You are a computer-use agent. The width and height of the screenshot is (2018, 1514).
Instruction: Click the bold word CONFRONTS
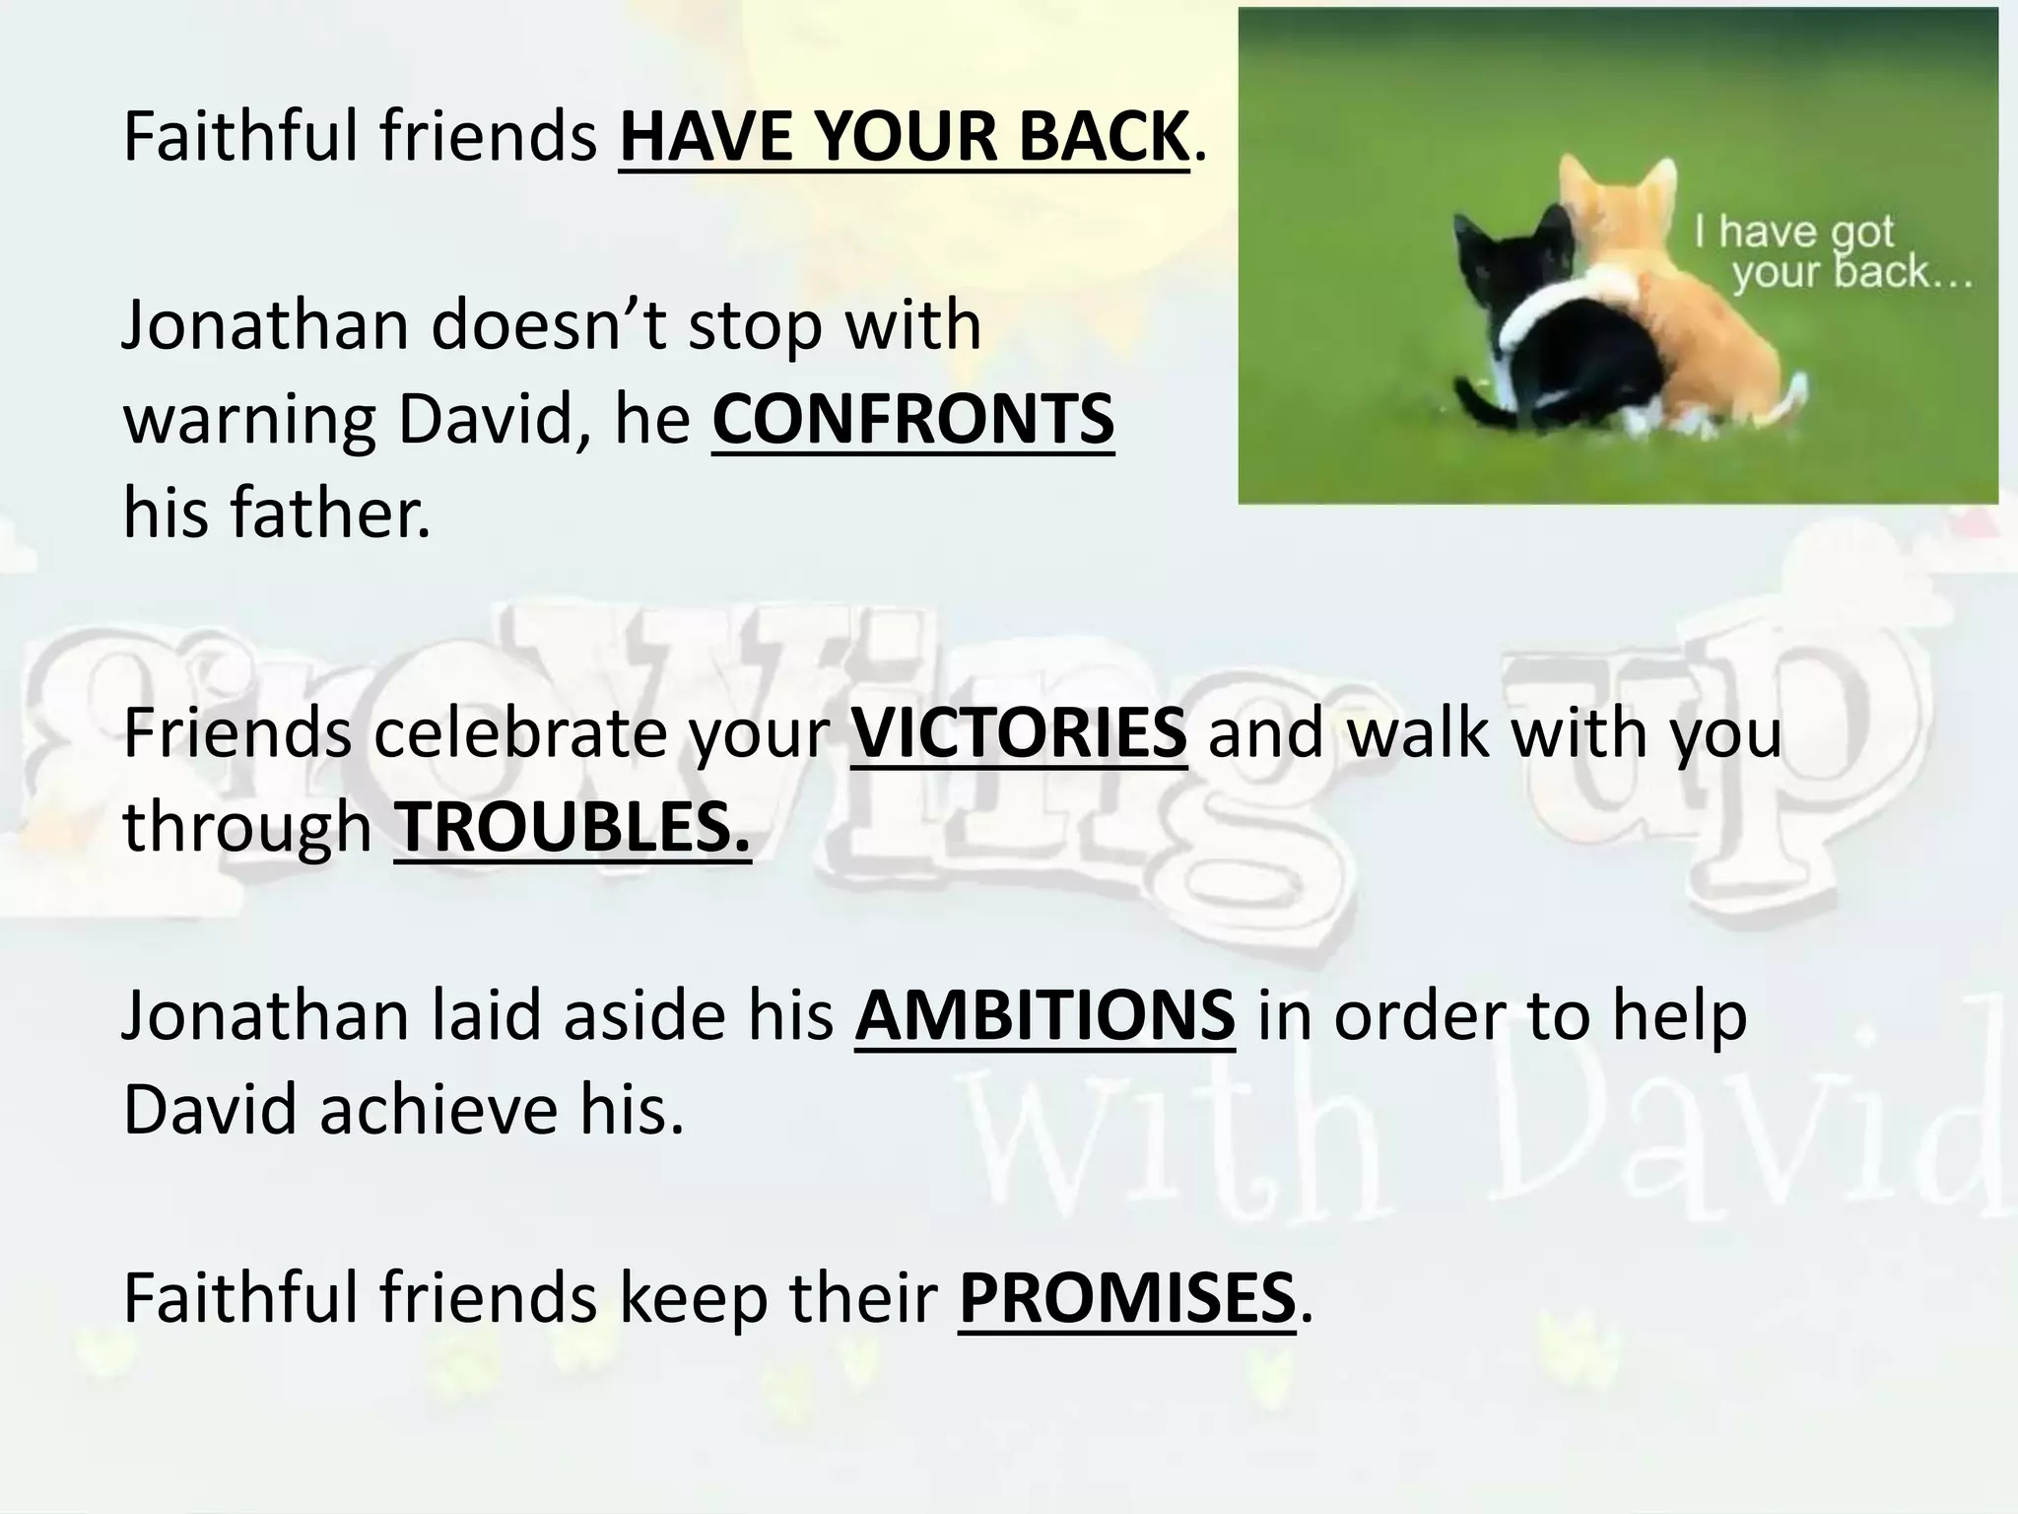(912, 420)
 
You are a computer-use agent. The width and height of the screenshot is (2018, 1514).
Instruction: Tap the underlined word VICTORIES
(1019, 733)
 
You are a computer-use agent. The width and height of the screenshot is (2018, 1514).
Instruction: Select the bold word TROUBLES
(572, 827)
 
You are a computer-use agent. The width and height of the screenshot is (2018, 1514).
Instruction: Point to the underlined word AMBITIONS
(1044, 1016)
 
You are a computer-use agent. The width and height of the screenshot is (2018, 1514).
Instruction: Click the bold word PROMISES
(1126, 1298)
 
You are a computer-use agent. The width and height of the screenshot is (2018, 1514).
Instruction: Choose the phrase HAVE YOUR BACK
(904, 137)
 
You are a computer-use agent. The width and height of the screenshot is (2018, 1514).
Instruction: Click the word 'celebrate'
(519, 733)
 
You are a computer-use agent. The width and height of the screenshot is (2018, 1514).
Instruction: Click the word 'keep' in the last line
(693, 1298)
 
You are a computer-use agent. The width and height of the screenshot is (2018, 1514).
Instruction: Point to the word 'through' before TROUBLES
(246, 827)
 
